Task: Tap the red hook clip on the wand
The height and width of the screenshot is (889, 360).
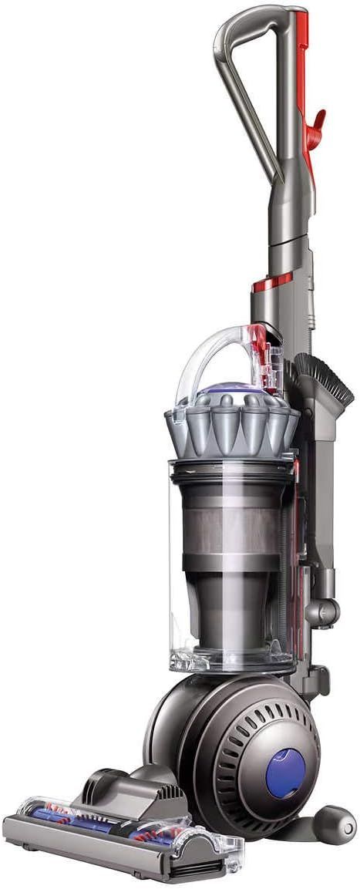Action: [x=315, y=126]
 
